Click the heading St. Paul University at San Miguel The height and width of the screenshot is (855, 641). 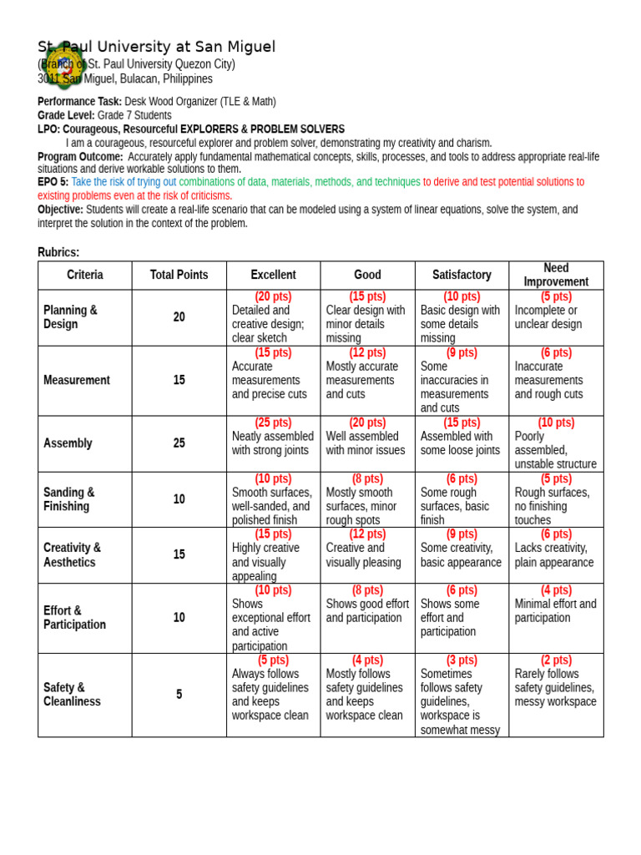(x=156, y=47)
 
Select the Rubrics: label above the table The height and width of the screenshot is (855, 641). (x=58, y=252)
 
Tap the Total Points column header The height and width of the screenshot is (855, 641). (x=179, y=275)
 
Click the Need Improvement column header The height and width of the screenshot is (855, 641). (x=556, y=275)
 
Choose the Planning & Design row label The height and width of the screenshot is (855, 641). (x=70, y=317)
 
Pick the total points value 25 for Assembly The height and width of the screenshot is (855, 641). (x=179, y=443)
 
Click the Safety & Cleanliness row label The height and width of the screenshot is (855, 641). (x=72, y=695)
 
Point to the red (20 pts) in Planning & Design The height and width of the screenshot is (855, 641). (x=273, y=296)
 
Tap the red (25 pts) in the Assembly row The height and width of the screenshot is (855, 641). (x=273, y=422)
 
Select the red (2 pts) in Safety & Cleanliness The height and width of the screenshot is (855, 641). (x=556, y=660)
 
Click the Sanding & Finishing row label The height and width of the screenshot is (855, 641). (x=68, y=499)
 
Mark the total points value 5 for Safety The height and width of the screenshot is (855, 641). (x=179, y=695)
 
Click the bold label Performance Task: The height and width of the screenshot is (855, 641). (x=79, y=102)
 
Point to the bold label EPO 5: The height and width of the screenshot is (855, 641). (x=53, y=182)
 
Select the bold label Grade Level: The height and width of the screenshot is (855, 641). (x=67, y=115)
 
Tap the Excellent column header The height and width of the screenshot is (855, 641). (x=273, y=275)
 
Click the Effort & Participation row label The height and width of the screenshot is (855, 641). (x=74, y=618)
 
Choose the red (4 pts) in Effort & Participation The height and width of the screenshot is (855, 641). (x=556, y=590)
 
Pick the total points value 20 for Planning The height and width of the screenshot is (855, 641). (x=179, y=317)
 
